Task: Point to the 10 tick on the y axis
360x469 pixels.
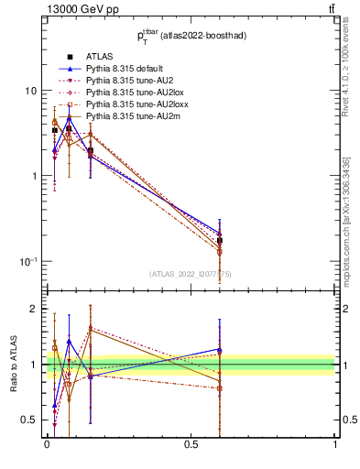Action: [30, 91]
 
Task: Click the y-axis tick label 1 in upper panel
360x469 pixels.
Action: [34, 176]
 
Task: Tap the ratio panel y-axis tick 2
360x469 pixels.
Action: [34, 309]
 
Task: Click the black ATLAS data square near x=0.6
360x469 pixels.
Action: [220, 241]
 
